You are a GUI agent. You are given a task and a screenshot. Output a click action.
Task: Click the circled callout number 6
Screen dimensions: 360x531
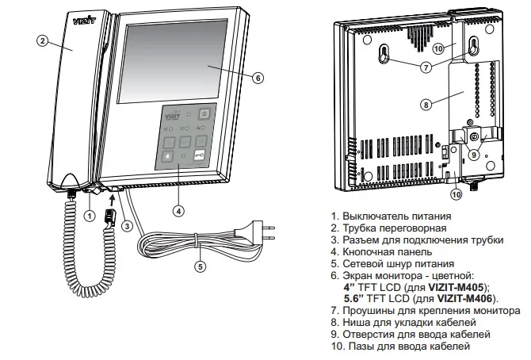258,77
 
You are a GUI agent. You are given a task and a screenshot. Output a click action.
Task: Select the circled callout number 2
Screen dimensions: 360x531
43,41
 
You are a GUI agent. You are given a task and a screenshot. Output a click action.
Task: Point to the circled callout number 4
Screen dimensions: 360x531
179,210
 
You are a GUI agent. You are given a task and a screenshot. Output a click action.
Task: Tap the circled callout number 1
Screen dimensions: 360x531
90,214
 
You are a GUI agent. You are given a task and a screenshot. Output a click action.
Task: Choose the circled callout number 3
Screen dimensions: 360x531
127,224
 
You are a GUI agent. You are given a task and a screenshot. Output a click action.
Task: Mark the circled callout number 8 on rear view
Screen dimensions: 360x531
426,103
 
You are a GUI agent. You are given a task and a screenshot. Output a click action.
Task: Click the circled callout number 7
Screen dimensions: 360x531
426,67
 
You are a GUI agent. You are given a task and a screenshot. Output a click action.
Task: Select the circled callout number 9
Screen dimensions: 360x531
474,155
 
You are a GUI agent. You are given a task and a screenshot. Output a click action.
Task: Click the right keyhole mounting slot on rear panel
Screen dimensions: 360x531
473,46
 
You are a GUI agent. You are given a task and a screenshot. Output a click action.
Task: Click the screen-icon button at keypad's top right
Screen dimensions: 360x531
204,113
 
